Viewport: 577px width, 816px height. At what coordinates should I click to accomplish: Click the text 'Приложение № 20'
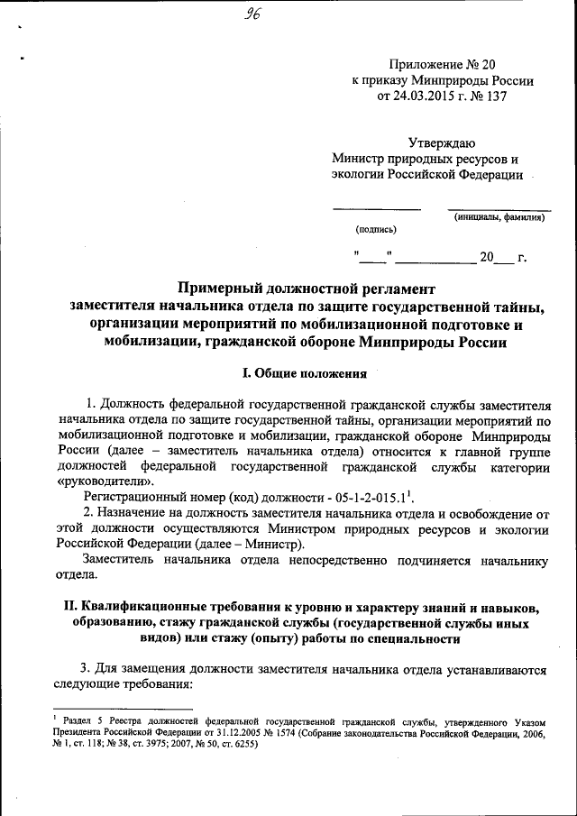[442, 64]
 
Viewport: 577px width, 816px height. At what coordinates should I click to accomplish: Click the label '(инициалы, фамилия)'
[499, 216]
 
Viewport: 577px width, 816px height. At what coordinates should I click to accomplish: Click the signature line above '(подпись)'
[376, 210]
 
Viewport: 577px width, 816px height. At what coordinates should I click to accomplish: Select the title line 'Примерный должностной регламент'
[306, 289]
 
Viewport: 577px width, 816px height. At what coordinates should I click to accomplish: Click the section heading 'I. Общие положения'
[306, 373]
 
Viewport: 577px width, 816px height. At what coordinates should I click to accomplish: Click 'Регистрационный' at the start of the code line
[135, 497]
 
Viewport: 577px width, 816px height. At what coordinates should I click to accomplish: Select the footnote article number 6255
[236, 746]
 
